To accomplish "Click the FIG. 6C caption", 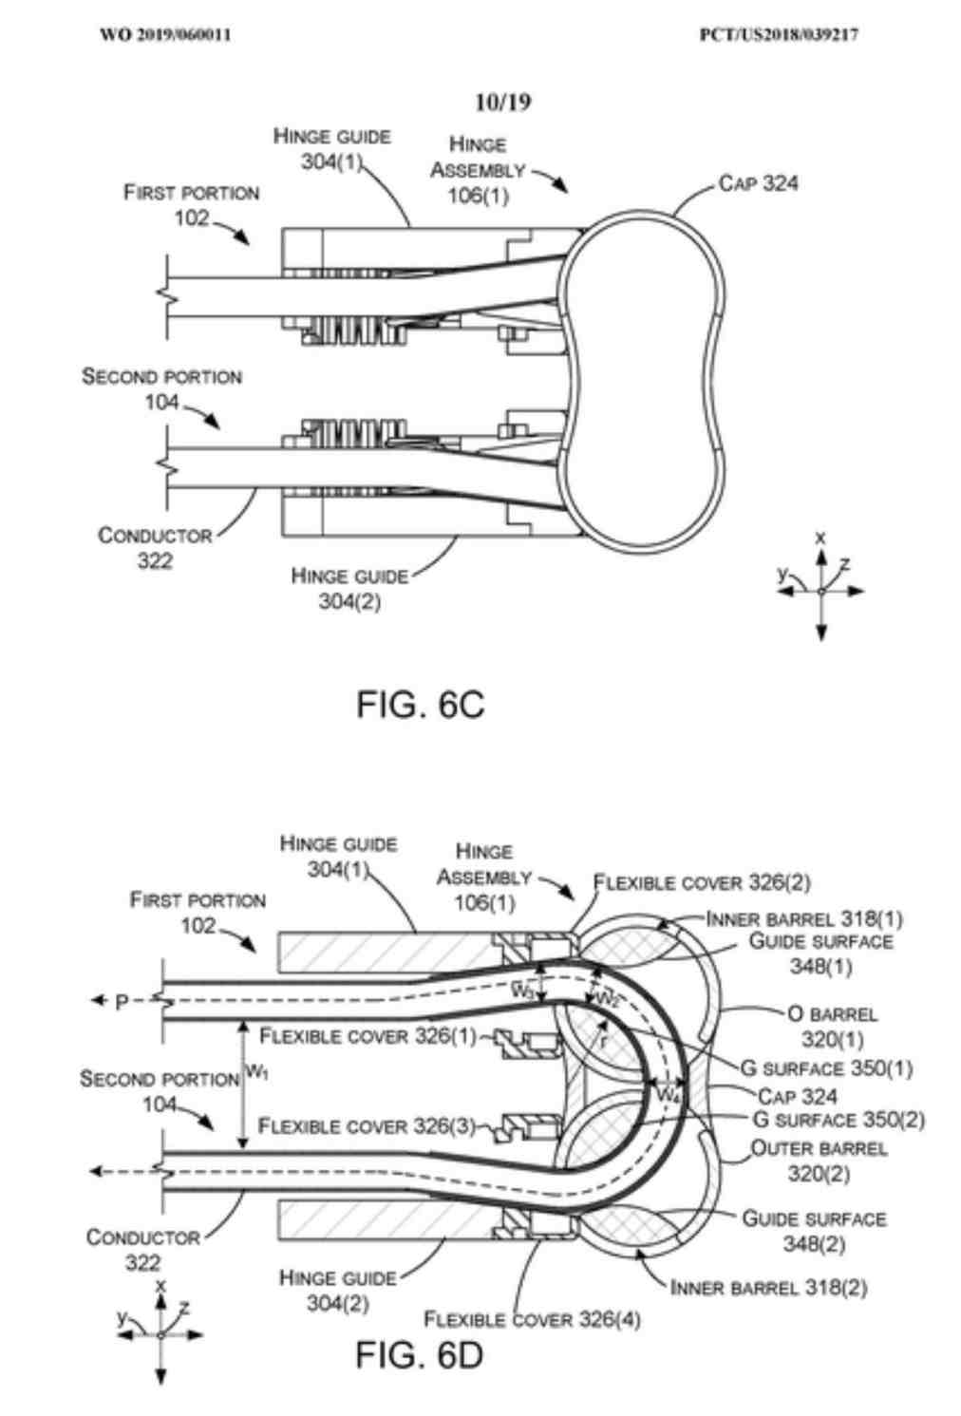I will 420,704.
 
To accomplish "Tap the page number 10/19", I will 502,102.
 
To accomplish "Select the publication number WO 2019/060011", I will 165,35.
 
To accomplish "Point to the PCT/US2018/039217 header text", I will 779,35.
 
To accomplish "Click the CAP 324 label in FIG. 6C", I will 758,183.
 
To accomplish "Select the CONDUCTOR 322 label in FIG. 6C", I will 155,548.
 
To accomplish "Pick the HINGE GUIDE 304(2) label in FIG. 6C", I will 349,589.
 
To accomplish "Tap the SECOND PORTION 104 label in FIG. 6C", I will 161,389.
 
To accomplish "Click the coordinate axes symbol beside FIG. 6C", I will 820,590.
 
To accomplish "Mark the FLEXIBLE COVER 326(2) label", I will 702,883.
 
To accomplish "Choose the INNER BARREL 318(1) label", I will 804,918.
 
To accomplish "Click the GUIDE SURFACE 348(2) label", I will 814,1231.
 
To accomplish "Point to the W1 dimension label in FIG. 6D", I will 256,1072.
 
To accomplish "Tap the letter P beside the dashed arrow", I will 122,1002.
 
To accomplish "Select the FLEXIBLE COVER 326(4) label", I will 532,1319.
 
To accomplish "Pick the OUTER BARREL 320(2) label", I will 819,1161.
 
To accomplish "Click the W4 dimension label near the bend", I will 669,1094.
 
